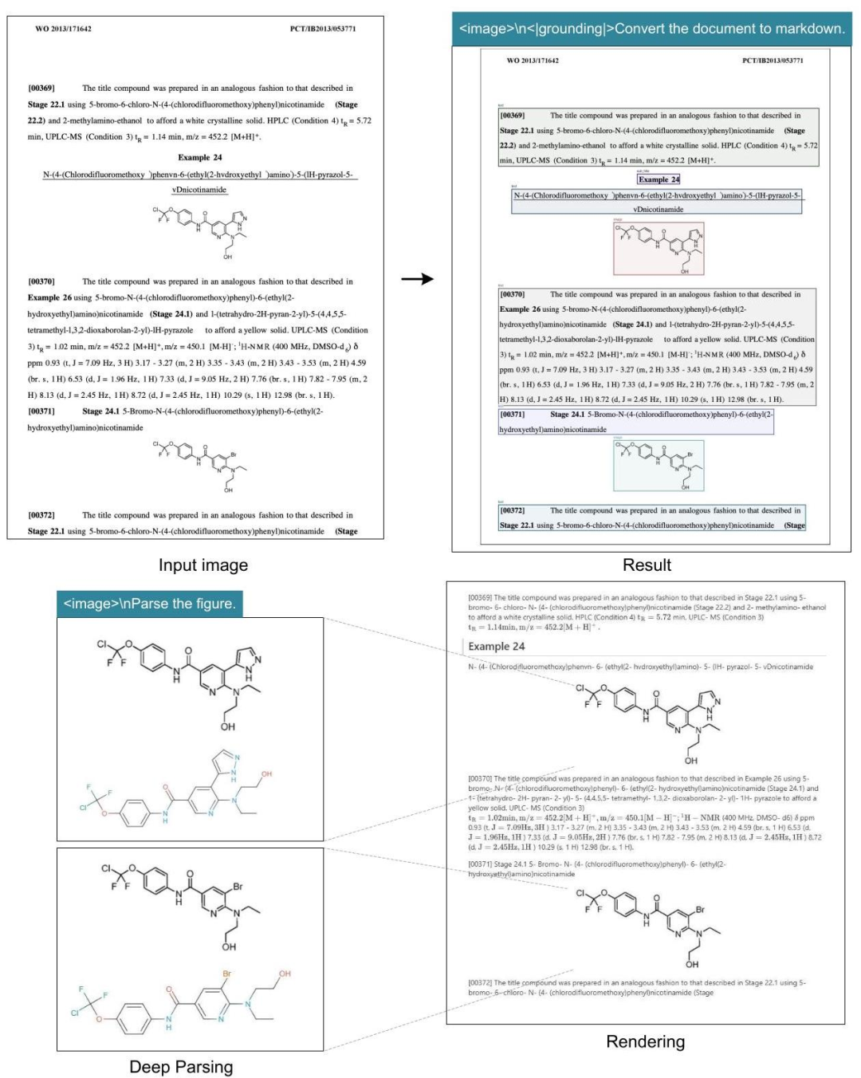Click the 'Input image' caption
[x=202, y=565]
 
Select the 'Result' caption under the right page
[x=647, y=565]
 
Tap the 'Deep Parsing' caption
[x=181, y=1067]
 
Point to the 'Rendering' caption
[x=645, y=1041]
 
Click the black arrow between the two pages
[x=417, y=279]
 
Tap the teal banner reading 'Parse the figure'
[x=149, y=604]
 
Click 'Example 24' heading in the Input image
[x=199, y=157]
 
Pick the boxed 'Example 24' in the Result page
[x=659, y=179]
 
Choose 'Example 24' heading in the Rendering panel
[x=496, y=647]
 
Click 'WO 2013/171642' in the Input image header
[x=63, y=29]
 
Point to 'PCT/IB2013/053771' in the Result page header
[x=772, y=61]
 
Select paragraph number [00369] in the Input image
[x=41, y=88]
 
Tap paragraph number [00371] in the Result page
[x=512, y=415]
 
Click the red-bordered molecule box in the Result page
[x=659, y=247]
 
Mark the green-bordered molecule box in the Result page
[x=659, y=465]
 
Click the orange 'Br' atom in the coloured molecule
[x=227, y=974]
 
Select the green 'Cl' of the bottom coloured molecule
[x=75, y=1013]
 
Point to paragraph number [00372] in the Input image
[x=41, y=515]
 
